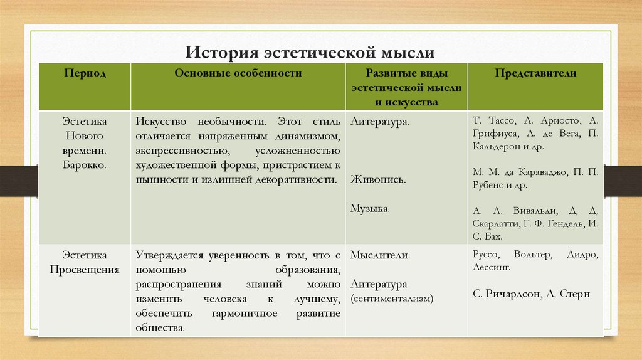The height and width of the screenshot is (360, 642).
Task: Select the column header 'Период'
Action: pyautogui.click(x=85, y=73)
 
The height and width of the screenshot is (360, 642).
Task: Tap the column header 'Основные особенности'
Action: pyautogui.click(x=238, y=73)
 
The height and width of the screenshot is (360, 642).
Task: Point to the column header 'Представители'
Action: pyautogui.click(x=535, y=73)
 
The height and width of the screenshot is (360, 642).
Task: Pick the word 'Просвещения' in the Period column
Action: pyautogui.click(x=85, y=270)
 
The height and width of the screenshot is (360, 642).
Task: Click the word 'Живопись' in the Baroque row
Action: pyautogui.click(x=377, y=179)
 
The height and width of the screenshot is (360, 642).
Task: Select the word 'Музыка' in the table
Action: pyautogui.click(x=370, y=208)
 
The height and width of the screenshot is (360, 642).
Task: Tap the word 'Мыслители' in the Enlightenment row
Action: pyautogui.click(x=380, y=256)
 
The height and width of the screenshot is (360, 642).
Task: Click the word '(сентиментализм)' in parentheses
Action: pyautogui.click(x=392, y=299)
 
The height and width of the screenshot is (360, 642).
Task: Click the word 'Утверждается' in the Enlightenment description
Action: pyautogui.click(x=166, y=256)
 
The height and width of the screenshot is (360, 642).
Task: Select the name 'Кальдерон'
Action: pyautogui.click(x=500, y=146)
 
